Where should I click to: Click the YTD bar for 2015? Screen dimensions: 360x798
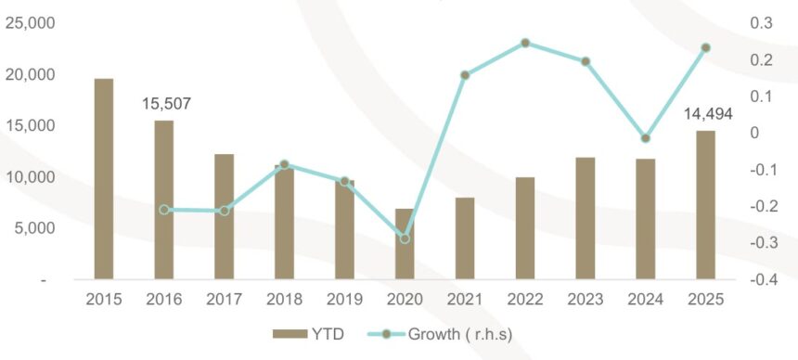pos(104,178)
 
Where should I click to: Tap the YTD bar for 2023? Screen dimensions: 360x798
pos(586,218)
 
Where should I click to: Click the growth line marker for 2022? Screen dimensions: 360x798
pos(525,43)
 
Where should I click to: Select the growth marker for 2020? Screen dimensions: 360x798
pos(405,238)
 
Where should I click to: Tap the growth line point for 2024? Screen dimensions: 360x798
pos(646,138)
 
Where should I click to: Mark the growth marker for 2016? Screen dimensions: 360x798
pos(164,210)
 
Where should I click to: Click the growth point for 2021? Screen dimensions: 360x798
pos(465,75)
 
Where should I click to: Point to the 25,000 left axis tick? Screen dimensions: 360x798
pos(31,23)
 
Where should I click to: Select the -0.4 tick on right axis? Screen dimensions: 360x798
pos(763,279)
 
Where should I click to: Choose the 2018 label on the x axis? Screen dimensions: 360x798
pos(284,300)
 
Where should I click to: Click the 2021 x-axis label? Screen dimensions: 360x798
pos(465,300)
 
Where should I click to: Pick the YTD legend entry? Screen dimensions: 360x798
pos(312,334)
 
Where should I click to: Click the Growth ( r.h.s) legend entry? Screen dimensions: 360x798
pos(447,334)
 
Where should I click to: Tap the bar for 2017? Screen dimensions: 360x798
pos(225,216)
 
